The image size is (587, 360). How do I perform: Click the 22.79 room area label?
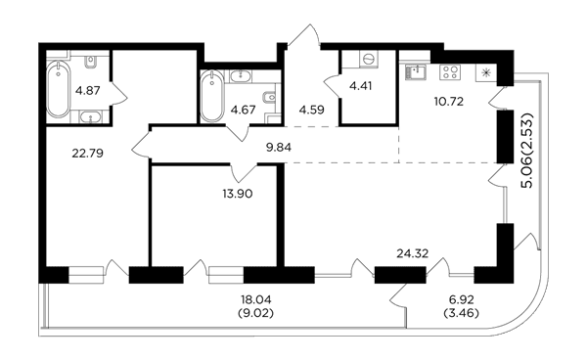(x=88, y=153)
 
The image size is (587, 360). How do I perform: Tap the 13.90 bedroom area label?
(x=238, y=194)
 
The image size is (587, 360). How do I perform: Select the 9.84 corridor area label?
(x=279, y=148)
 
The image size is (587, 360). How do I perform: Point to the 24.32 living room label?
(x=413, y=254)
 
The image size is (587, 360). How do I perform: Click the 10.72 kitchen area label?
(x=449, y=101)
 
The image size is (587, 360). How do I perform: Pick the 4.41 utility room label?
(x=360, y=86)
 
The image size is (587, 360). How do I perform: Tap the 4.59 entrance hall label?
(x=311, y=110)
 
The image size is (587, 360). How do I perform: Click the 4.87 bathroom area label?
(x=88, y=91)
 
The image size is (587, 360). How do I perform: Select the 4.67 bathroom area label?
(x=243, y=110)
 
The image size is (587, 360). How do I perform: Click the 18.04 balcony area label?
(x=256, y=299)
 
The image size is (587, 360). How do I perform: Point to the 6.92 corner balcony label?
(x=462, y=299)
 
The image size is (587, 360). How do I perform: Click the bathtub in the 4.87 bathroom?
(x=58, y=89)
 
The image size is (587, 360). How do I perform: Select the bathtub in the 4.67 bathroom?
(x=212, y=96)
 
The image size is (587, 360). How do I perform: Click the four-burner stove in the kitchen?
(x=450, y=71)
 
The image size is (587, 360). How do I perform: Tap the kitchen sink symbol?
(x=415, y=71)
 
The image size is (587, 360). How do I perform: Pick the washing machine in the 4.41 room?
(x=369, y=59)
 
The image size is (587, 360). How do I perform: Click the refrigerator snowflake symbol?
(x=486, y=72)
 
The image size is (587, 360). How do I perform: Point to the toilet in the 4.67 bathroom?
(x=270, y=98)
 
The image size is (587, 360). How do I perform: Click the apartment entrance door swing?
(x=303, y=36)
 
